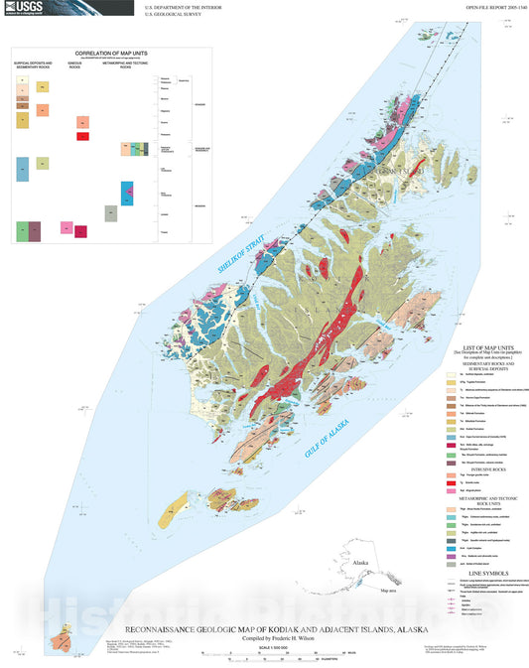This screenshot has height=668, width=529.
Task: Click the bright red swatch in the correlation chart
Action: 83,136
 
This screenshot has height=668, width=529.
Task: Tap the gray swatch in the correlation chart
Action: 111,212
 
